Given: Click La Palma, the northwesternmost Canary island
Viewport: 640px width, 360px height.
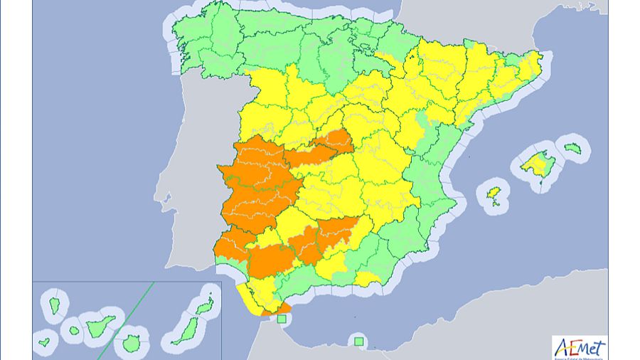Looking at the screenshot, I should tap(54, 306).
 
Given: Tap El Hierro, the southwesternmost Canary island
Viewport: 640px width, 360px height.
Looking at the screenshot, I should tap(44, 342).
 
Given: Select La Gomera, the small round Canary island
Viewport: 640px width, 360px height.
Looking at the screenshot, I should tap(73, 330).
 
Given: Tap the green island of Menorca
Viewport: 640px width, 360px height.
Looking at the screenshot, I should tap(573, 148).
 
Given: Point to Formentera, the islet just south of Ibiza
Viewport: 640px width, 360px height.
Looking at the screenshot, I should tap(496, 206).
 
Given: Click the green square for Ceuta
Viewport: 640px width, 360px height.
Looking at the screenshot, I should tap(282, 319).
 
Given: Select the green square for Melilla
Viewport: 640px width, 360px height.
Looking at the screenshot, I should tap(358, 342).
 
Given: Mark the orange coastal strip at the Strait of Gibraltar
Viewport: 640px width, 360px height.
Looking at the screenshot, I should tap(277, 308).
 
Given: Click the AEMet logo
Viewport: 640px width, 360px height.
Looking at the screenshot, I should tap(580, 347).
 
